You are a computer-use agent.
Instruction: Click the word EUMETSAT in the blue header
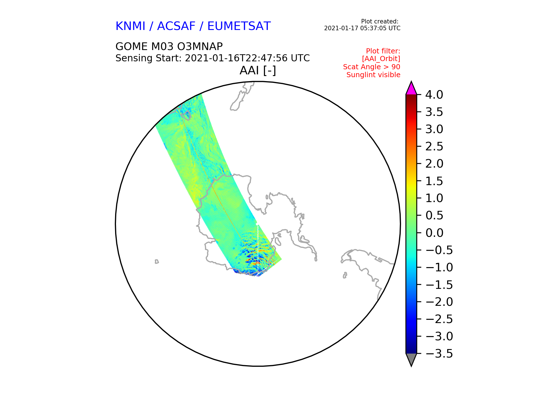[239, 26]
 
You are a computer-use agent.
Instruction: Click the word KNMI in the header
[130, 26]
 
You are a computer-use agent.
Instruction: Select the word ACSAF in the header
[176, 26]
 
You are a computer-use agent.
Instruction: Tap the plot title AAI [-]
[258, 70]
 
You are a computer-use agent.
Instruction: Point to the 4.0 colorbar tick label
[434, 95]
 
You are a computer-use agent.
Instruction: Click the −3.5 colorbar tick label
[439, 354]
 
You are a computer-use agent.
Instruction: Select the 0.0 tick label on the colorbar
[434, 233]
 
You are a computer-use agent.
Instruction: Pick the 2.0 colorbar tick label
[434, 164]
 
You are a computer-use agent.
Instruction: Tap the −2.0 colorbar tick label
[439, 302]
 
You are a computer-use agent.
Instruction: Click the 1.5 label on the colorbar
[434, 181]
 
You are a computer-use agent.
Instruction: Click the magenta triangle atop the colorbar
[411, 88]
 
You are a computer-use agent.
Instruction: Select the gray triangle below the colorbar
[411, 360]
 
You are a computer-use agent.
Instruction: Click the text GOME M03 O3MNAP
[169, 46]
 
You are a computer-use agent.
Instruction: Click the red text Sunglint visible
[373, 75]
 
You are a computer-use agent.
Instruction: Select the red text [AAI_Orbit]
[381, 59]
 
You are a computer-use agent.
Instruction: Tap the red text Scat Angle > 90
[372, 67]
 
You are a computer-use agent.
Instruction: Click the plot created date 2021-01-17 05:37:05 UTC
[362, 28]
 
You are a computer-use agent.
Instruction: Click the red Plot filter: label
[383, 51]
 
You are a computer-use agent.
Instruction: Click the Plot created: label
[380, 21]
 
